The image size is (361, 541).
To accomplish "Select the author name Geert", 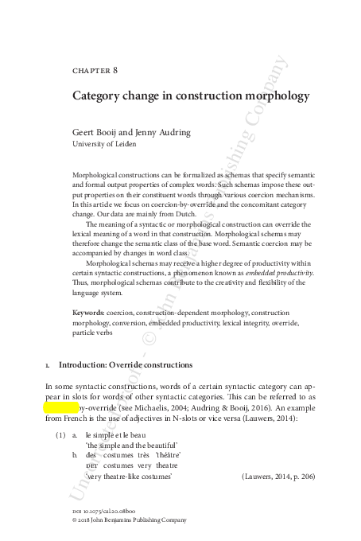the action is click(85, 133).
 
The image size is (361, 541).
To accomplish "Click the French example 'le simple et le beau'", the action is click(118, 437).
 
